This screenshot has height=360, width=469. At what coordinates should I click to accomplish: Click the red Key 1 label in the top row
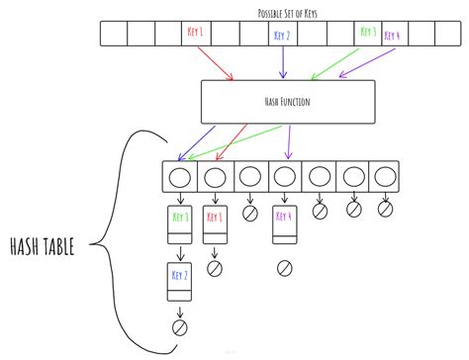195,33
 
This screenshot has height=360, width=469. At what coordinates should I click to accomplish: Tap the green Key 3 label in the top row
367,33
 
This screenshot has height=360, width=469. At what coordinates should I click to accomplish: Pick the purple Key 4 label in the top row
394,36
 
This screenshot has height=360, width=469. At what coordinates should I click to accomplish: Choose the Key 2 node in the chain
179,279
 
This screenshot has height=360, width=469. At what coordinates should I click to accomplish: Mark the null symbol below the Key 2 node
179,326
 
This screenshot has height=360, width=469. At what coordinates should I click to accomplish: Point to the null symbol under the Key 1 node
215,267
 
